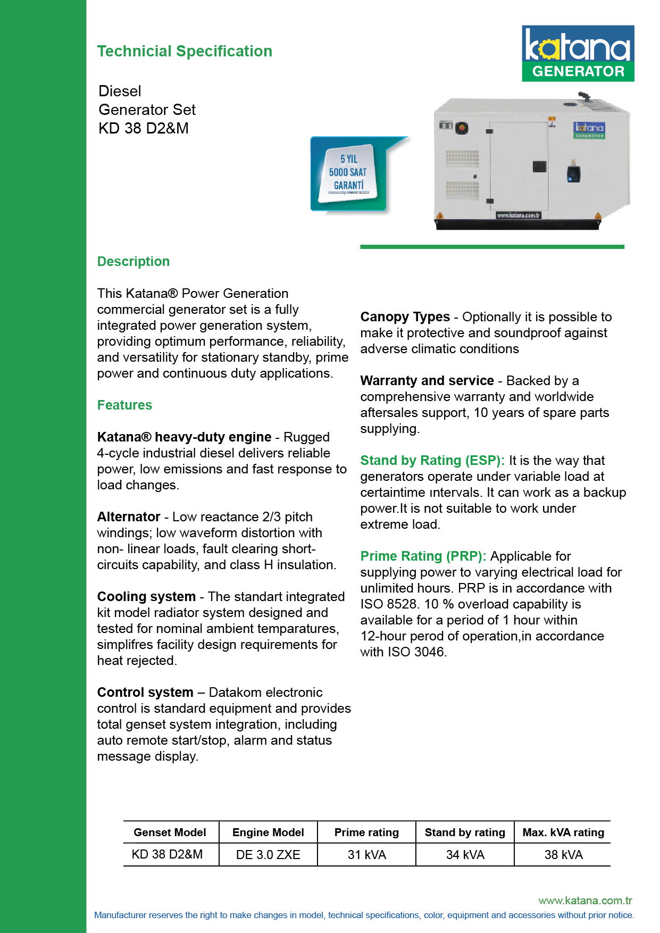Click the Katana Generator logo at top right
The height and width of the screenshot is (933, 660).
(x=578, y=53)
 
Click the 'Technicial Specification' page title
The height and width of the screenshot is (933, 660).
(x=185, y=51)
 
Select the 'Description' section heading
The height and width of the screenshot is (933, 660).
(x=133, y=262)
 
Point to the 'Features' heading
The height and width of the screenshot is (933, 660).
(x=124, y=405)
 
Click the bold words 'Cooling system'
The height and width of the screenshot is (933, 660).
(x=146, y=597)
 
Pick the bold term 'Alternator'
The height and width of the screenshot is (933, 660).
(x=129, y=517)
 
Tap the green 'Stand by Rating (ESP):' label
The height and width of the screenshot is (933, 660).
(x=432, y=461)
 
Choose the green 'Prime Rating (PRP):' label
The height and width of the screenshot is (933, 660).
(x=423, y=556)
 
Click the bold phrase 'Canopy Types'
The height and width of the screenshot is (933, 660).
(x=405, y=317)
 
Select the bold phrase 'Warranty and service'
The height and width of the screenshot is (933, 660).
(x=427, y=381)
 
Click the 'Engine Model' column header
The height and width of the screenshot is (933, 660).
(x=268, y=832)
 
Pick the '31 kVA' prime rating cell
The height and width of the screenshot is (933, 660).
(x=366, y=855)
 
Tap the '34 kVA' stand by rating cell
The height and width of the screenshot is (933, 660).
(x=465, y=855)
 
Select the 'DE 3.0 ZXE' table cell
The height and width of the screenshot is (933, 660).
(x=268, y=855)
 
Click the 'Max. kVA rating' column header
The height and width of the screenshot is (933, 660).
(x=563, y=832)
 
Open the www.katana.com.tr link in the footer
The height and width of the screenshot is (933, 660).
(x=585, y=901)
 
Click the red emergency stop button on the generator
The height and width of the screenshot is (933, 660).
(x=461, y=128)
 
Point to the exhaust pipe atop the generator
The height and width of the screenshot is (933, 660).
(x=584, y=97)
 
